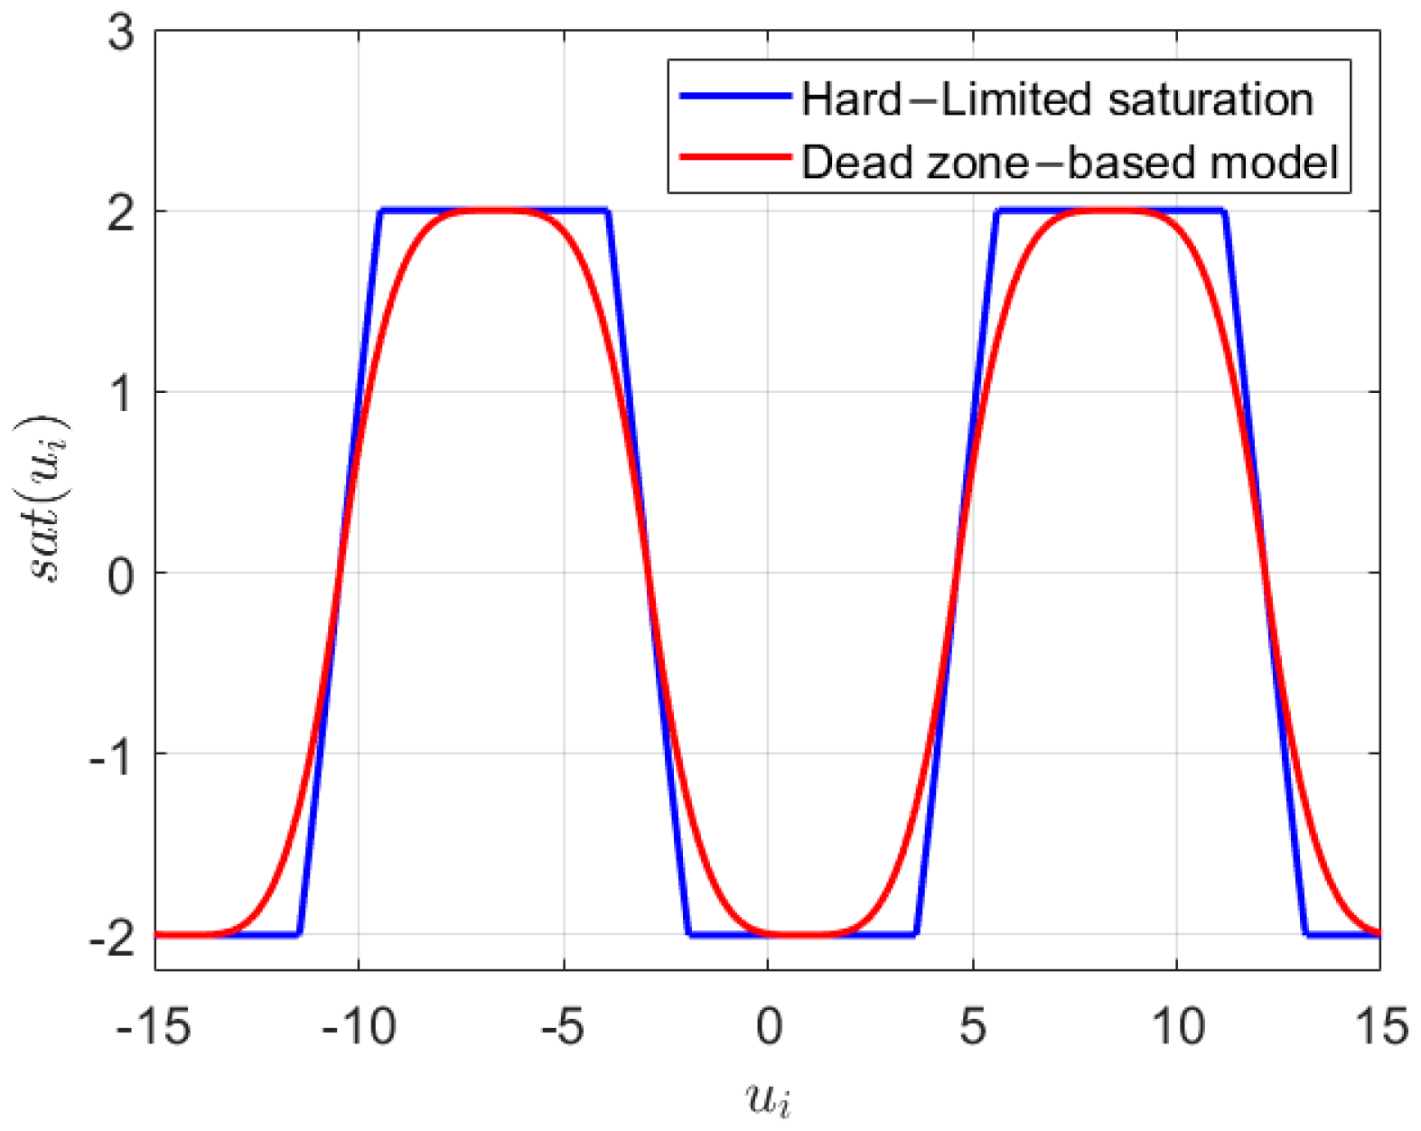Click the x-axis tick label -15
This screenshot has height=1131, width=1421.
154,1027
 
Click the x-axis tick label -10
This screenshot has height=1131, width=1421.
359,1027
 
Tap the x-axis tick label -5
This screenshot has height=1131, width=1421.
565,1027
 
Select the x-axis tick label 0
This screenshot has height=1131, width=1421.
769,1027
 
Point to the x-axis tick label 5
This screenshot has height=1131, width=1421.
973,1027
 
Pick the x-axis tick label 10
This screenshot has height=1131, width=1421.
1177,1027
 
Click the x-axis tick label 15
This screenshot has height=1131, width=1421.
1382,1027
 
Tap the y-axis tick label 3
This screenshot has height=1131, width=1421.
120,33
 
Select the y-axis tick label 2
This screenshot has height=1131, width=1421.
120,214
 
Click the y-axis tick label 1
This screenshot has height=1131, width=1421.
120,395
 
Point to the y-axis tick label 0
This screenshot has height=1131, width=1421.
120,575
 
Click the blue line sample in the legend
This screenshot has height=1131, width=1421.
734,96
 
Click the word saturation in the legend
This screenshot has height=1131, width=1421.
1211,99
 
